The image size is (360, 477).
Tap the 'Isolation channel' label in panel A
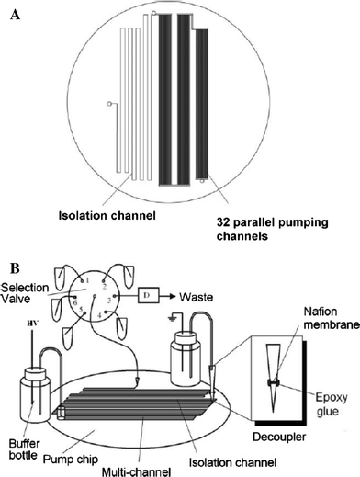pos(108,216)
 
